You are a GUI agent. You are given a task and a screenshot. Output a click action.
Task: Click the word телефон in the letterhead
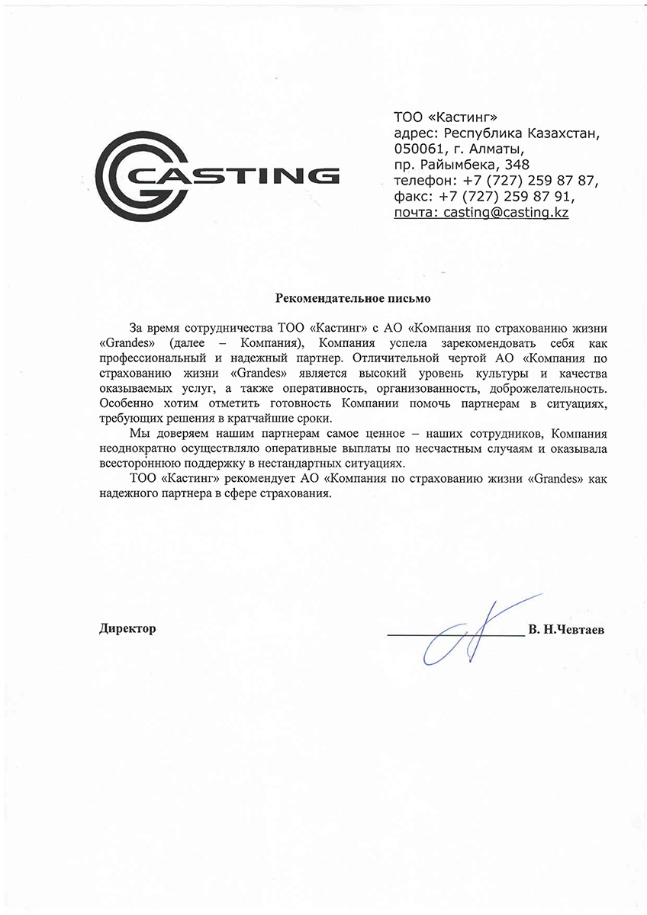pos(422,181)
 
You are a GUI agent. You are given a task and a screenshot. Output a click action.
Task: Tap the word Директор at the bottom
pos(127,628)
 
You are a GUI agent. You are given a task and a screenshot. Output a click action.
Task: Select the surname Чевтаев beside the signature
pos(584,630)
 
